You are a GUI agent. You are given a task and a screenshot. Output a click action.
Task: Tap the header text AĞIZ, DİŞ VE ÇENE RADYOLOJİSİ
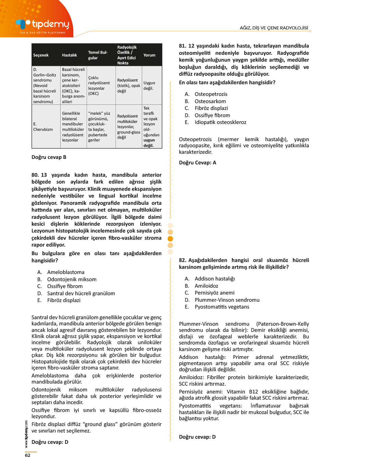274,28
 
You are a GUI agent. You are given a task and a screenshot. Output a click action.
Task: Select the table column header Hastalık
70,55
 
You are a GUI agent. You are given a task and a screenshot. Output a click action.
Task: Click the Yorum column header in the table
149,55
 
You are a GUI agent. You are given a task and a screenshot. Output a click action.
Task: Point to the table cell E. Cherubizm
43,127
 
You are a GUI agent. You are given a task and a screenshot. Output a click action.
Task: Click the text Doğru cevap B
49,157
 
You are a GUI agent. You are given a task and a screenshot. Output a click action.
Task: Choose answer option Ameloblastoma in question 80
66,272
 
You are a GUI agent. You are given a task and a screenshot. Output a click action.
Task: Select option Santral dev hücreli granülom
81,293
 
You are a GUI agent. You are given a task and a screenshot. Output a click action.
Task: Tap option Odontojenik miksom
72,279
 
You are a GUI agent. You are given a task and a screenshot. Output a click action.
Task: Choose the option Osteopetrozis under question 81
211,94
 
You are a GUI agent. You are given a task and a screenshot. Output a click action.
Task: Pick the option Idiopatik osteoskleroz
221,122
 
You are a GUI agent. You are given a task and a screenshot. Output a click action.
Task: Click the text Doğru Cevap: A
198,163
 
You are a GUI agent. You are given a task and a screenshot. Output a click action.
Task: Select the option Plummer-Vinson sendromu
227,300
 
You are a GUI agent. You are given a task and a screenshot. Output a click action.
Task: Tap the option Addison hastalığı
215,279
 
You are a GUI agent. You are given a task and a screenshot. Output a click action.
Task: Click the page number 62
28,455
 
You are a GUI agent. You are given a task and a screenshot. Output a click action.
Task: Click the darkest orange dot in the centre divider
170,239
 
